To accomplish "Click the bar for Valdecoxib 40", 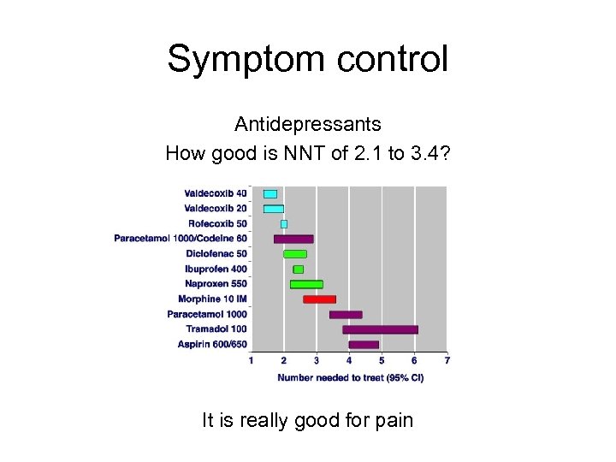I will coord(270,194).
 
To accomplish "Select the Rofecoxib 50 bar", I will coord(284,224).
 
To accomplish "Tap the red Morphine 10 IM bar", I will coord(319,299).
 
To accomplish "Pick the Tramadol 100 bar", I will coord(380,329).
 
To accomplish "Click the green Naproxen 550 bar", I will coord(306,284).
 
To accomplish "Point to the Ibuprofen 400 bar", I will coord(299,269).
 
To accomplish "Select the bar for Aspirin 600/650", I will coord(364,345).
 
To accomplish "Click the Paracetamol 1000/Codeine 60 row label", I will coord(181,239).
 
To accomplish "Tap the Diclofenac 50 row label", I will coord(216,254).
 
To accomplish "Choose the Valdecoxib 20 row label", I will coord(216,209).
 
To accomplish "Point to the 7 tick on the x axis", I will coord(447,361).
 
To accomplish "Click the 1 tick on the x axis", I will coord(252,361).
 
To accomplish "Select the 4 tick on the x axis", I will coord(349,361).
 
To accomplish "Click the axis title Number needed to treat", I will coord(351,376).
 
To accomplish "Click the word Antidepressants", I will coord(308,124).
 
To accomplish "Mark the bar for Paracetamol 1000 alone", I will coord(346,315).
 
